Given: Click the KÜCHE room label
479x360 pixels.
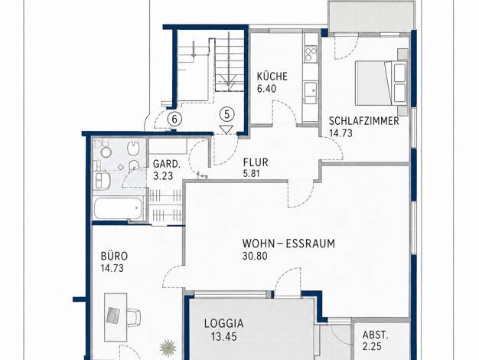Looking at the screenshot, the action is (x=272, y=76).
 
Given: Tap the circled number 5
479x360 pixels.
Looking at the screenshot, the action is (x=226, y=114).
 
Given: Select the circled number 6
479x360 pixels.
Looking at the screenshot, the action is (x=174, y=119).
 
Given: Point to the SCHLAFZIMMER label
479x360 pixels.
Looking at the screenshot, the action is (x=363, y=121).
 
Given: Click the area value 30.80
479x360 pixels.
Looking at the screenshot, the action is (x=255, y=255).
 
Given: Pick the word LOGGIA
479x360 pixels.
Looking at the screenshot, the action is (x=224, y=323).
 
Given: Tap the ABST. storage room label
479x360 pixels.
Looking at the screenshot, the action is (x=376, y=335).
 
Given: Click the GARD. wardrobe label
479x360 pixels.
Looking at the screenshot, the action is (x=167, y=164).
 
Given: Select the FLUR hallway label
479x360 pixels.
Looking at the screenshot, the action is (x=256, y=162).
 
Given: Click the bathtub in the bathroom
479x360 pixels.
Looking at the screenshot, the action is (x=118, y=208).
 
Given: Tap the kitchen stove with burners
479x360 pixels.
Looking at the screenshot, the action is (x=311, y=54).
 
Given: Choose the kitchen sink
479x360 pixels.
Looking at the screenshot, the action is (x=311, y=89).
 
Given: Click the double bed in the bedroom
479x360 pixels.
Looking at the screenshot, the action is (x=380, y=83).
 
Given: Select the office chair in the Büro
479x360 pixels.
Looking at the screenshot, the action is (x=134, y=316).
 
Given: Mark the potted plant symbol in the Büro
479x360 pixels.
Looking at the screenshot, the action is (x=168, y=348).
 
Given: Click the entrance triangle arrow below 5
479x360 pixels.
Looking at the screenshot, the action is (x=226, y=129).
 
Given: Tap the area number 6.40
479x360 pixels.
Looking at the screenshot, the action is (x=266, y=89).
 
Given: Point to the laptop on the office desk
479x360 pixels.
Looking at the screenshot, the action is (x=113, y=316).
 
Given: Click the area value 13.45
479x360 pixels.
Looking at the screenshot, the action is (x=224, y=337).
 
